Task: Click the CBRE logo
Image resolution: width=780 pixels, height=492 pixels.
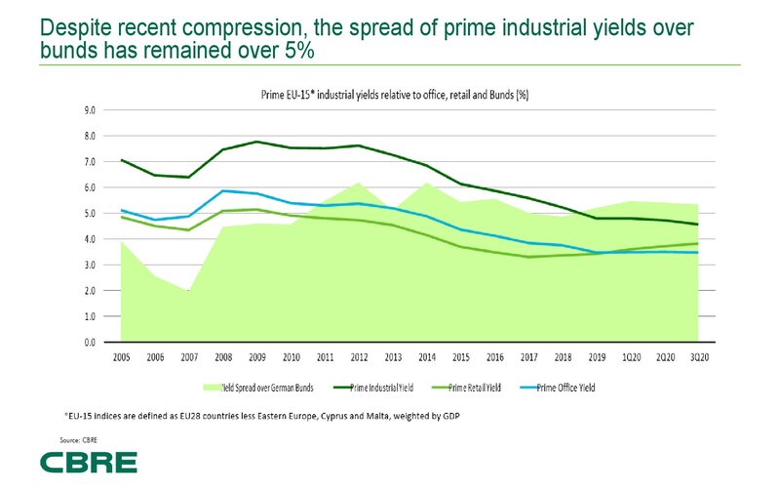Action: click(x=89, y=462)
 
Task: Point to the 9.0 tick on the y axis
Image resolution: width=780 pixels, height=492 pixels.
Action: click(x=90, y=110)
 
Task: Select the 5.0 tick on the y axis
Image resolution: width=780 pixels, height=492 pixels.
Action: click(x=90, y=214)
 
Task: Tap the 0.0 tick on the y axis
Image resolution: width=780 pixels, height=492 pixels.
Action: click(x=90, y=343)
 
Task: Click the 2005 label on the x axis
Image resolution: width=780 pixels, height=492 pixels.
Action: click(x=121, y=358)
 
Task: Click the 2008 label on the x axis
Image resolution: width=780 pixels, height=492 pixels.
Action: click(x=224, y=358)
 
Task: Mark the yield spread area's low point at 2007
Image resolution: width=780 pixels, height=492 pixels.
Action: click(x=190, y=292)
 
